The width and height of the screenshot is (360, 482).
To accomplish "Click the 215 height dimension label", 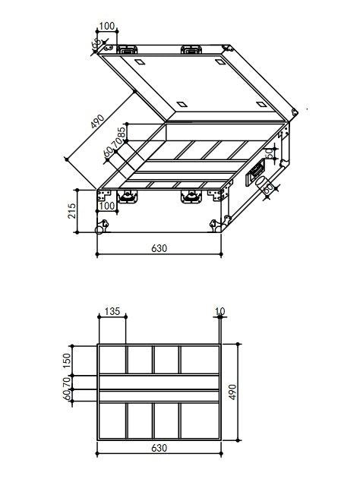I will pos(72,211).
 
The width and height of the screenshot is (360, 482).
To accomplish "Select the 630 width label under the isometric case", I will pos(159,248).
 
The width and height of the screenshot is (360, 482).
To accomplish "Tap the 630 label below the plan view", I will pos(159,449).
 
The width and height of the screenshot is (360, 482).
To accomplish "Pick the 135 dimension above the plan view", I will pos(112,310).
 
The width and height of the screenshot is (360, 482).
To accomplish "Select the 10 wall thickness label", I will pos(220,310).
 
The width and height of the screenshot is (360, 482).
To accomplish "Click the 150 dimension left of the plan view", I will pos(68,360).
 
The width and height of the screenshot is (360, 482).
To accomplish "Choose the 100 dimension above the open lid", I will pos(108,27).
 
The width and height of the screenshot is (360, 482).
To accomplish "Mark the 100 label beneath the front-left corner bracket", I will pos(107,206).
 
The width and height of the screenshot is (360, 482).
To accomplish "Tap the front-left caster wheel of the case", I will pos(100,225).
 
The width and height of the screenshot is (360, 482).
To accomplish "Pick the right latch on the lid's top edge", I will pos(191,50).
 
